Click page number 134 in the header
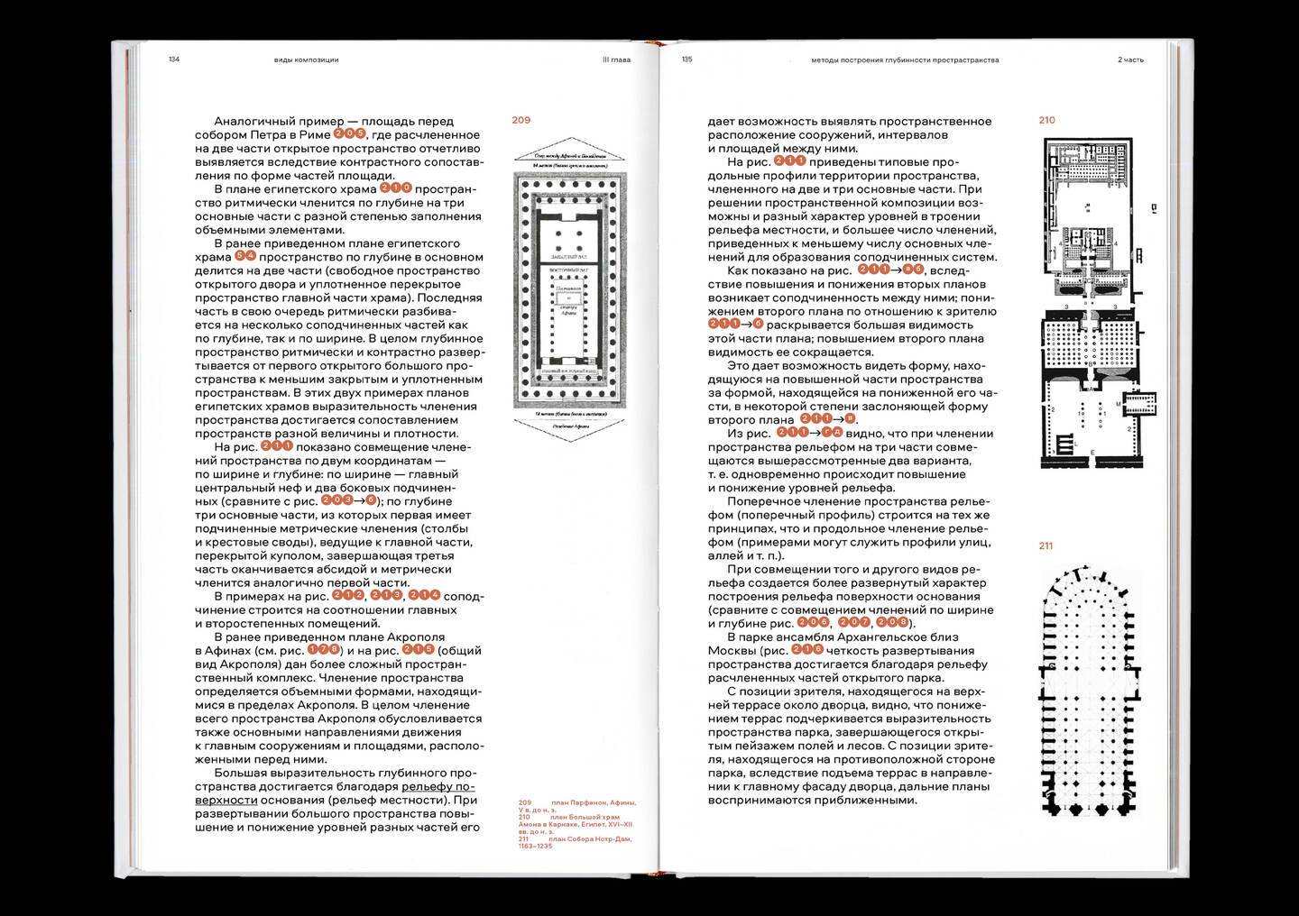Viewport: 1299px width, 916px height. coord(174,60)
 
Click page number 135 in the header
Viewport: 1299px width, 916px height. coord(686,60)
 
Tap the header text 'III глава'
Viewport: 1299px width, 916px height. coord(616,60)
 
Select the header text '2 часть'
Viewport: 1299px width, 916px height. coord(1130,60)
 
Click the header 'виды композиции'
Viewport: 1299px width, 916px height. coord(306,60)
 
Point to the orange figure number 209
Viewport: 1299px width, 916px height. coord(521,120)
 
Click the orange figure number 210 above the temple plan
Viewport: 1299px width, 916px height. coord(1046,120)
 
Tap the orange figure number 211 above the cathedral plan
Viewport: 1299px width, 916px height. coord(1046,545)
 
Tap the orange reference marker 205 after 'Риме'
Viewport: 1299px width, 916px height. coord(350,134)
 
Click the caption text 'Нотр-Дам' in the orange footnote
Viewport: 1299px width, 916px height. coord(609,839)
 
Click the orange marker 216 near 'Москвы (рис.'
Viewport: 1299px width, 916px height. coord(807,650)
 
